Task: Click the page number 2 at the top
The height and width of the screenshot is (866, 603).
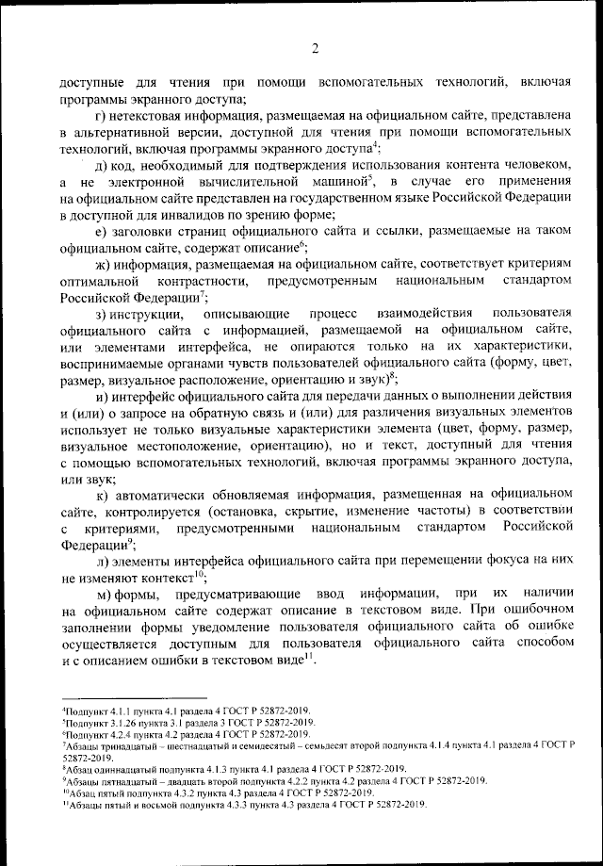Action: pos(316,49)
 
